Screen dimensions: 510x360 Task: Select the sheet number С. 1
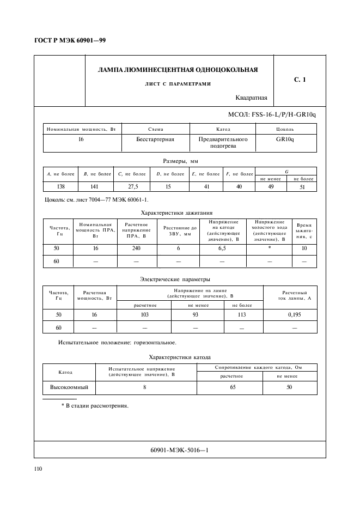[300, 80]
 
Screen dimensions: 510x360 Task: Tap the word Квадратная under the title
[251, 98]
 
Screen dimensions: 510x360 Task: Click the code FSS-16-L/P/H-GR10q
[276, 115]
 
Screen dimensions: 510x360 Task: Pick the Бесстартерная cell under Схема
[155, 139]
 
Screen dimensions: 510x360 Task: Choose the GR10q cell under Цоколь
[285, 139]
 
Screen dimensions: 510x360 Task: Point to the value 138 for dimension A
[60, 187]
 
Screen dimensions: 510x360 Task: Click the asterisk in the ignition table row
[269, 248]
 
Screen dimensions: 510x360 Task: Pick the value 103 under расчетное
[145, 315]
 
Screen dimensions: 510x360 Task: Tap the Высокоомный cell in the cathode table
[69, 387]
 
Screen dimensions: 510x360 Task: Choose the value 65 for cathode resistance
[232, 387]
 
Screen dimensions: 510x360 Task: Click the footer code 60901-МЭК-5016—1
[179, 450]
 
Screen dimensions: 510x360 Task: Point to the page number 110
[38, 469]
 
